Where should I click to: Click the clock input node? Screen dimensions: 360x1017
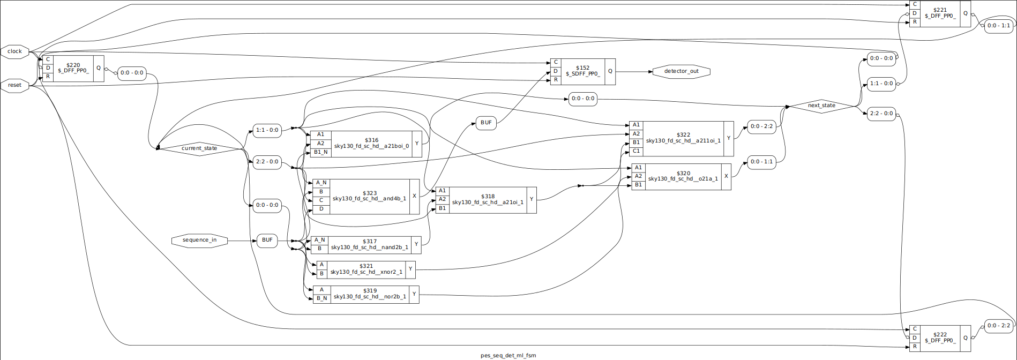click(14, 51)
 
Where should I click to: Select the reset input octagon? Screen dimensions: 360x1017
click(14, 85)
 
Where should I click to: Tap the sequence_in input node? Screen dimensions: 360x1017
click(199, 240)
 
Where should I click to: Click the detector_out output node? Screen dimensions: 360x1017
click(681, 71)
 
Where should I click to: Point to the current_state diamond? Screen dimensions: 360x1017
click(199, 148)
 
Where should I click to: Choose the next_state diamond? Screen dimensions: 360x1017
click(821, 106)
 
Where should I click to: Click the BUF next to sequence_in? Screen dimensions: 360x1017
click(267, 240)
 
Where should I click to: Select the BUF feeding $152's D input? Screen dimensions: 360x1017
click(486, 123)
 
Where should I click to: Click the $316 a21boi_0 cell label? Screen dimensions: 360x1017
click(371, 143)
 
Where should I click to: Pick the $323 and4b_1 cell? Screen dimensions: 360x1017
click(369, 196)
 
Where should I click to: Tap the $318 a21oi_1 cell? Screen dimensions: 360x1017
click(488, 200)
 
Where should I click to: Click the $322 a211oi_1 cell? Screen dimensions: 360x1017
click(683, 138)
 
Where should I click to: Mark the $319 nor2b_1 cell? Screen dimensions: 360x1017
click(370, 294)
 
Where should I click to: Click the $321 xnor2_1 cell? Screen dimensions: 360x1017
click(366, 269)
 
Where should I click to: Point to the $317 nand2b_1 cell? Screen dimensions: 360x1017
click(369, 244)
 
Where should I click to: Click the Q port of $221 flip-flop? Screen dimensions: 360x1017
click(966, 13)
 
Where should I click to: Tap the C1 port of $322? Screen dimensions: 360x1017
click(635, 151)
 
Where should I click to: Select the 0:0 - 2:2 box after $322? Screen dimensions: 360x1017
click(761, 126)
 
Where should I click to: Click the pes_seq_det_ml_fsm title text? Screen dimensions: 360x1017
click(508, 355)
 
